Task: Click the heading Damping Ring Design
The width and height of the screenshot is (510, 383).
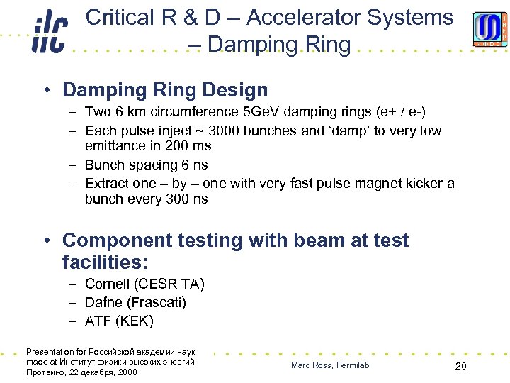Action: [165, 90]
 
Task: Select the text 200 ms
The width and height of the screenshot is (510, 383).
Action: [186, 146]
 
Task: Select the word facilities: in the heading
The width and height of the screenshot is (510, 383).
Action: [105, 262]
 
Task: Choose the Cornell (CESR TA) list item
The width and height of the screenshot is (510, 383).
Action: [144, 284]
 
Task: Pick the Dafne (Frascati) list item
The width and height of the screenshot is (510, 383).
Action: [135, 303]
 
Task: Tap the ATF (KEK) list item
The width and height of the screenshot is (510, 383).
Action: [118, 321]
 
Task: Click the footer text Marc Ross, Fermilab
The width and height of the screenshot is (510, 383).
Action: [330, 365]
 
